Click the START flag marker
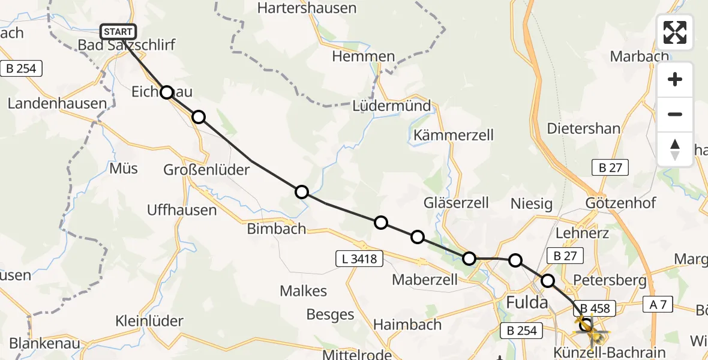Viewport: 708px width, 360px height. (x=118, y=32)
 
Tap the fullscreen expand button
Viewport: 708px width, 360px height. (x=675, y=32)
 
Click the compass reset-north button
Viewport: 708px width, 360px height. (x=675, y=149)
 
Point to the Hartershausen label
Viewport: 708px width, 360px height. (x=307, y=8)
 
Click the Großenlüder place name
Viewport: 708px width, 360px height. (x=206, y=170)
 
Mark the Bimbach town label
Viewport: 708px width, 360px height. (x=276, y=229)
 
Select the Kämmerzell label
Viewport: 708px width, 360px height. (x=454, y=135)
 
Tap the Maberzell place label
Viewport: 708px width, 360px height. (x=425, y=279)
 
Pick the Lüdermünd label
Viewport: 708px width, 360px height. (x=392, y=106)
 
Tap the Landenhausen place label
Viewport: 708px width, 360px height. (x=57, y=103)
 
